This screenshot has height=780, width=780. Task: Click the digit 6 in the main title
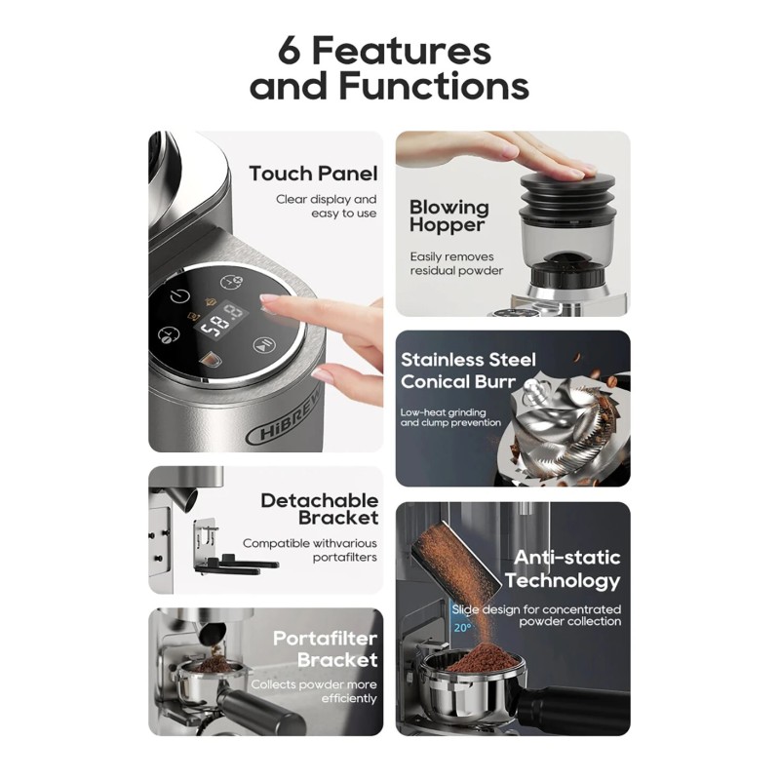point(289,51)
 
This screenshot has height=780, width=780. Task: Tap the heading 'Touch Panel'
point(313,174)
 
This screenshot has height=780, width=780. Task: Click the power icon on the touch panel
point(179,296)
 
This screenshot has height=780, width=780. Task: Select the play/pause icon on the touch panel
point(264,345)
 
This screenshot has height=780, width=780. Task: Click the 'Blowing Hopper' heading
point(449,215)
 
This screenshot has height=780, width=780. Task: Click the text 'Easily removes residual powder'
point(456,263)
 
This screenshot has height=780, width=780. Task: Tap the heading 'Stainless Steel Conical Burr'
point(468,370)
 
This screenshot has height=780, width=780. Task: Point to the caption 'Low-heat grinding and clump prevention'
point(450,417)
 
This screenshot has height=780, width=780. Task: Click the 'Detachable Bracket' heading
point(320,509)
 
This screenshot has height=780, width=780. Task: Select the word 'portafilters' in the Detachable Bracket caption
point(345,557)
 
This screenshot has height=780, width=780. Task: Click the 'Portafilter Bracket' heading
point(326,648)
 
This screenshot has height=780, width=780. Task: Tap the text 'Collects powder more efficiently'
point(314,691)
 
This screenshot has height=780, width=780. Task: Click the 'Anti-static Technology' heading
point(563,568)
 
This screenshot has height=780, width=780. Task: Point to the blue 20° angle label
point(462,628)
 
